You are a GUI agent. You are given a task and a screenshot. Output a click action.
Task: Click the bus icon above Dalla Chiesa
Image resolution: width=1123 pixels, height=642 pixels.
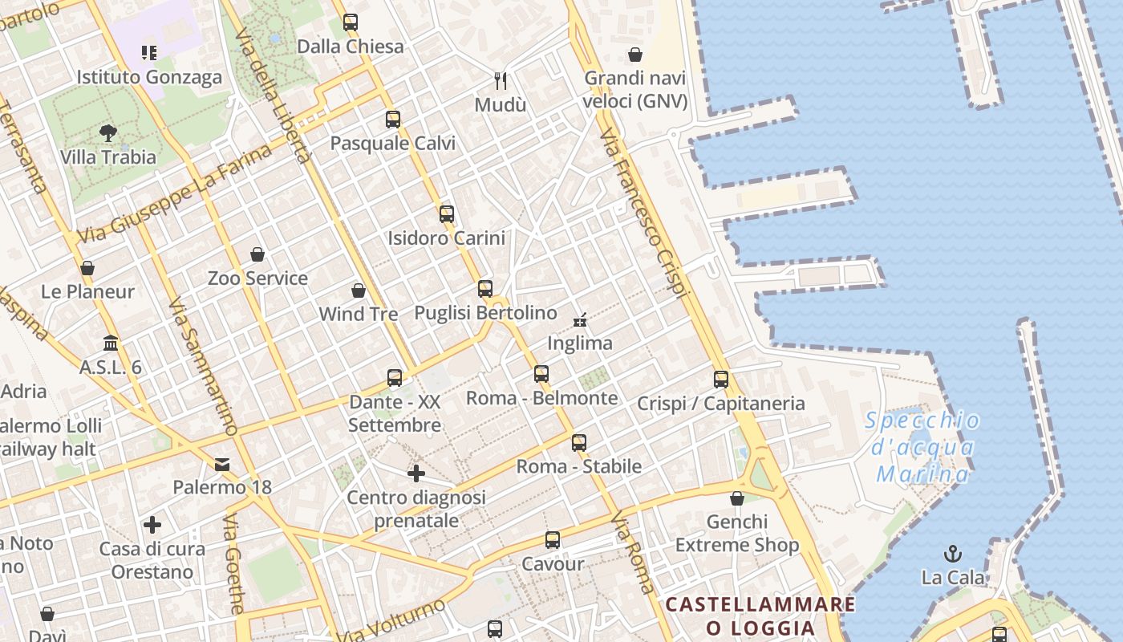coord(351,22)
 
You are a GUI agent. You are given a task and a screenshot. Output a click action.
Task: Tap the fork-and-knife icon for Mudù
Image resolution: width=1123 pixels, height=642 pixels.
coord(501,80)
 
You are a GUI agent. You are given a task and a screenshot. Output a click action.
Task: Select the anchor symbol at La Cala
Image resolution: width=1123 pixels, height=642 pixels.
coord(953,553)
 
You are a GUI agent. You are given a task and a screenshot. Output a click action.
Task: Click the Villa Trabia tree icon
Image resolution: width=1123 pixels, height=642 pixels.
coord(108,132)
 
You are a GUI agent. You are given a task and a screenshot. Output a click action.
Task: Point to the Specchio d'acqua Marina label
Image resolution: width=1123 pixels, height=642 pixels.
coord(923,447)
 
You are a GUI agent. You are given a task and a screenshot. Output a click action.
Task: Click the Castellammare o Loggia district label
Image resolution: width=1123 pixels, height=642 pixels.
coord(760,616)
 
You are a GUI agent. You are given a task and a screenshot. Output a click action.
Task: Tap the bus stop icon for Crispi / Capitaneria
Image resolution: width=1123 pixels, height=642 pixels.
coord(721,379)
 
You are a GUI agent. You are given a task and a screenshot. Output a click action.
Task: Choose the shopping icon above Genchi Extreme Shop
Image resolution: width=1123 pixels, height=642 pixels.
coord(737,498)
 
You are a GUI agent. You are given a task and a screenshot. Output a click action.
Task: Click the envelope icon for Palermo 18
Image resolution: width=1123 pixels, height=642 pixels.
coord(222,464)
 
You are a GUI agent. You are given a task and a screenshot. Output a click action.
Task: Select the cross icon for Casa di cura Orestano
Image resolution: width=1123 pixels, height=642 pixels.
coord(152,525)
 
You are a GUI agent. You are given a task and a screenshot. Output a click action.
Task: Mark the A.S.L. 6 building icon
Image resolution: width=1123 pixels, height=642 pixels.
coord(111,343)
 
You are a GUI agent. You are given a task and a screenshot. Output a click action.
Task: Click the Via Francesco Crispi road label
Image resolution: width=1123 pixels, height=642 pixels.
coord(644,213)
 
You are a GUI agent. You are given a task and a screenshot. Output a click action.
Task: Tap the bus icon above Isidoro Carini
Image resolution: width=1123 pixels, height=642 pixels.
coord(447,214)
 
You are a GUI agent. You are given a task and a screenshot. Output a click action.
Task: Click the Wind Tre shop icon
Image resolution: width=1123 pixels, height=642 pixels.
coord(359,291)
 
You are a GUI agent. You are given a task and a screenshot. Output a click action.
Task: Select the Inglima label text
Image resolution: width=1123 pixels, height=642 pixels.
coord(580,343)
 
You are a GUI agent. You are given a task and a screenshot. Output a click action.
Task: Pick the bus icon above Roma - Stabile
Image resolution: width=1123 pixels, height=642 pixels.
coord(579,442)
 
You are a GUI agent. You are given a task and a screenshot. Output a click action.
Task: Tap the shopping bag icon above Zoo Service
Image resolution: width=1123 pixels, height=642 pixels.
coord(257,254)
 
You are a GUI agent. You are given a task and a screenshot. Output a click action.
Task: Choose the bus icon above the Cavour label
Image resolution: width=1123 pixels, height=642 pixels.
coord(553,540)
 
